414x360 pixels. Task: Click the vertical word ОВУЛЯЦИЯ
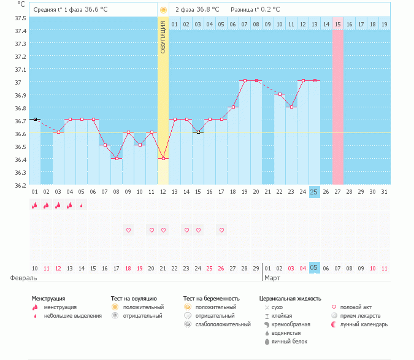coord(163,37)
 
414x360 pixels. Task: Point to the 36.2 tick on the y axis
coord(20,185)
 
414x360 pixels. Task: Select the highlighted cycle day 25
coord(314,192)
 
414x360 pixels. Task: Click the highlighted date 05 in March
coord(314,269)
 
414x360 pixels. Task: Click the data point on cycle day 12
coord(163,158)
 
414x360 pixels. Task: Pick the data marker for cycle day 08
coord(117,158)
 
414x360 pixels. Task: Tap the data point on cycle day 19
coord(245,80)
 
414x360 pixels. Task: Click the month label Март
coord(273,278)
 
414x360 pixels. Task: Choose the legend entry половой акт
coord(356,307)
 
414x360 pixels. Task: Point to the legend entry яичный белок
coord(289,342)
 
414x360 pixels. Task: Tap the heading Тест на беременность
coord(212,299)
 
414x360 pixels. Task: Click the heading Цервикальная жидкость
coord(290,299)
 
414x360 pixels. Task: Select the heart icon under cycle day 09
coord(128,230)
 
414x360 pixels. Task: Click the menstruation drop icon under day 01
coord(35,205)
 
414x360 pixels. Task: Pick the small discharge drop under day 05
coord(82,205)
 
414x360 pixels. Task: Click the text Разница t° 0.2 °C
coord(255,10)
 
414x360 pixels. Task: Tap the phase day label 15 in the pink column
coord(337,25)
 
